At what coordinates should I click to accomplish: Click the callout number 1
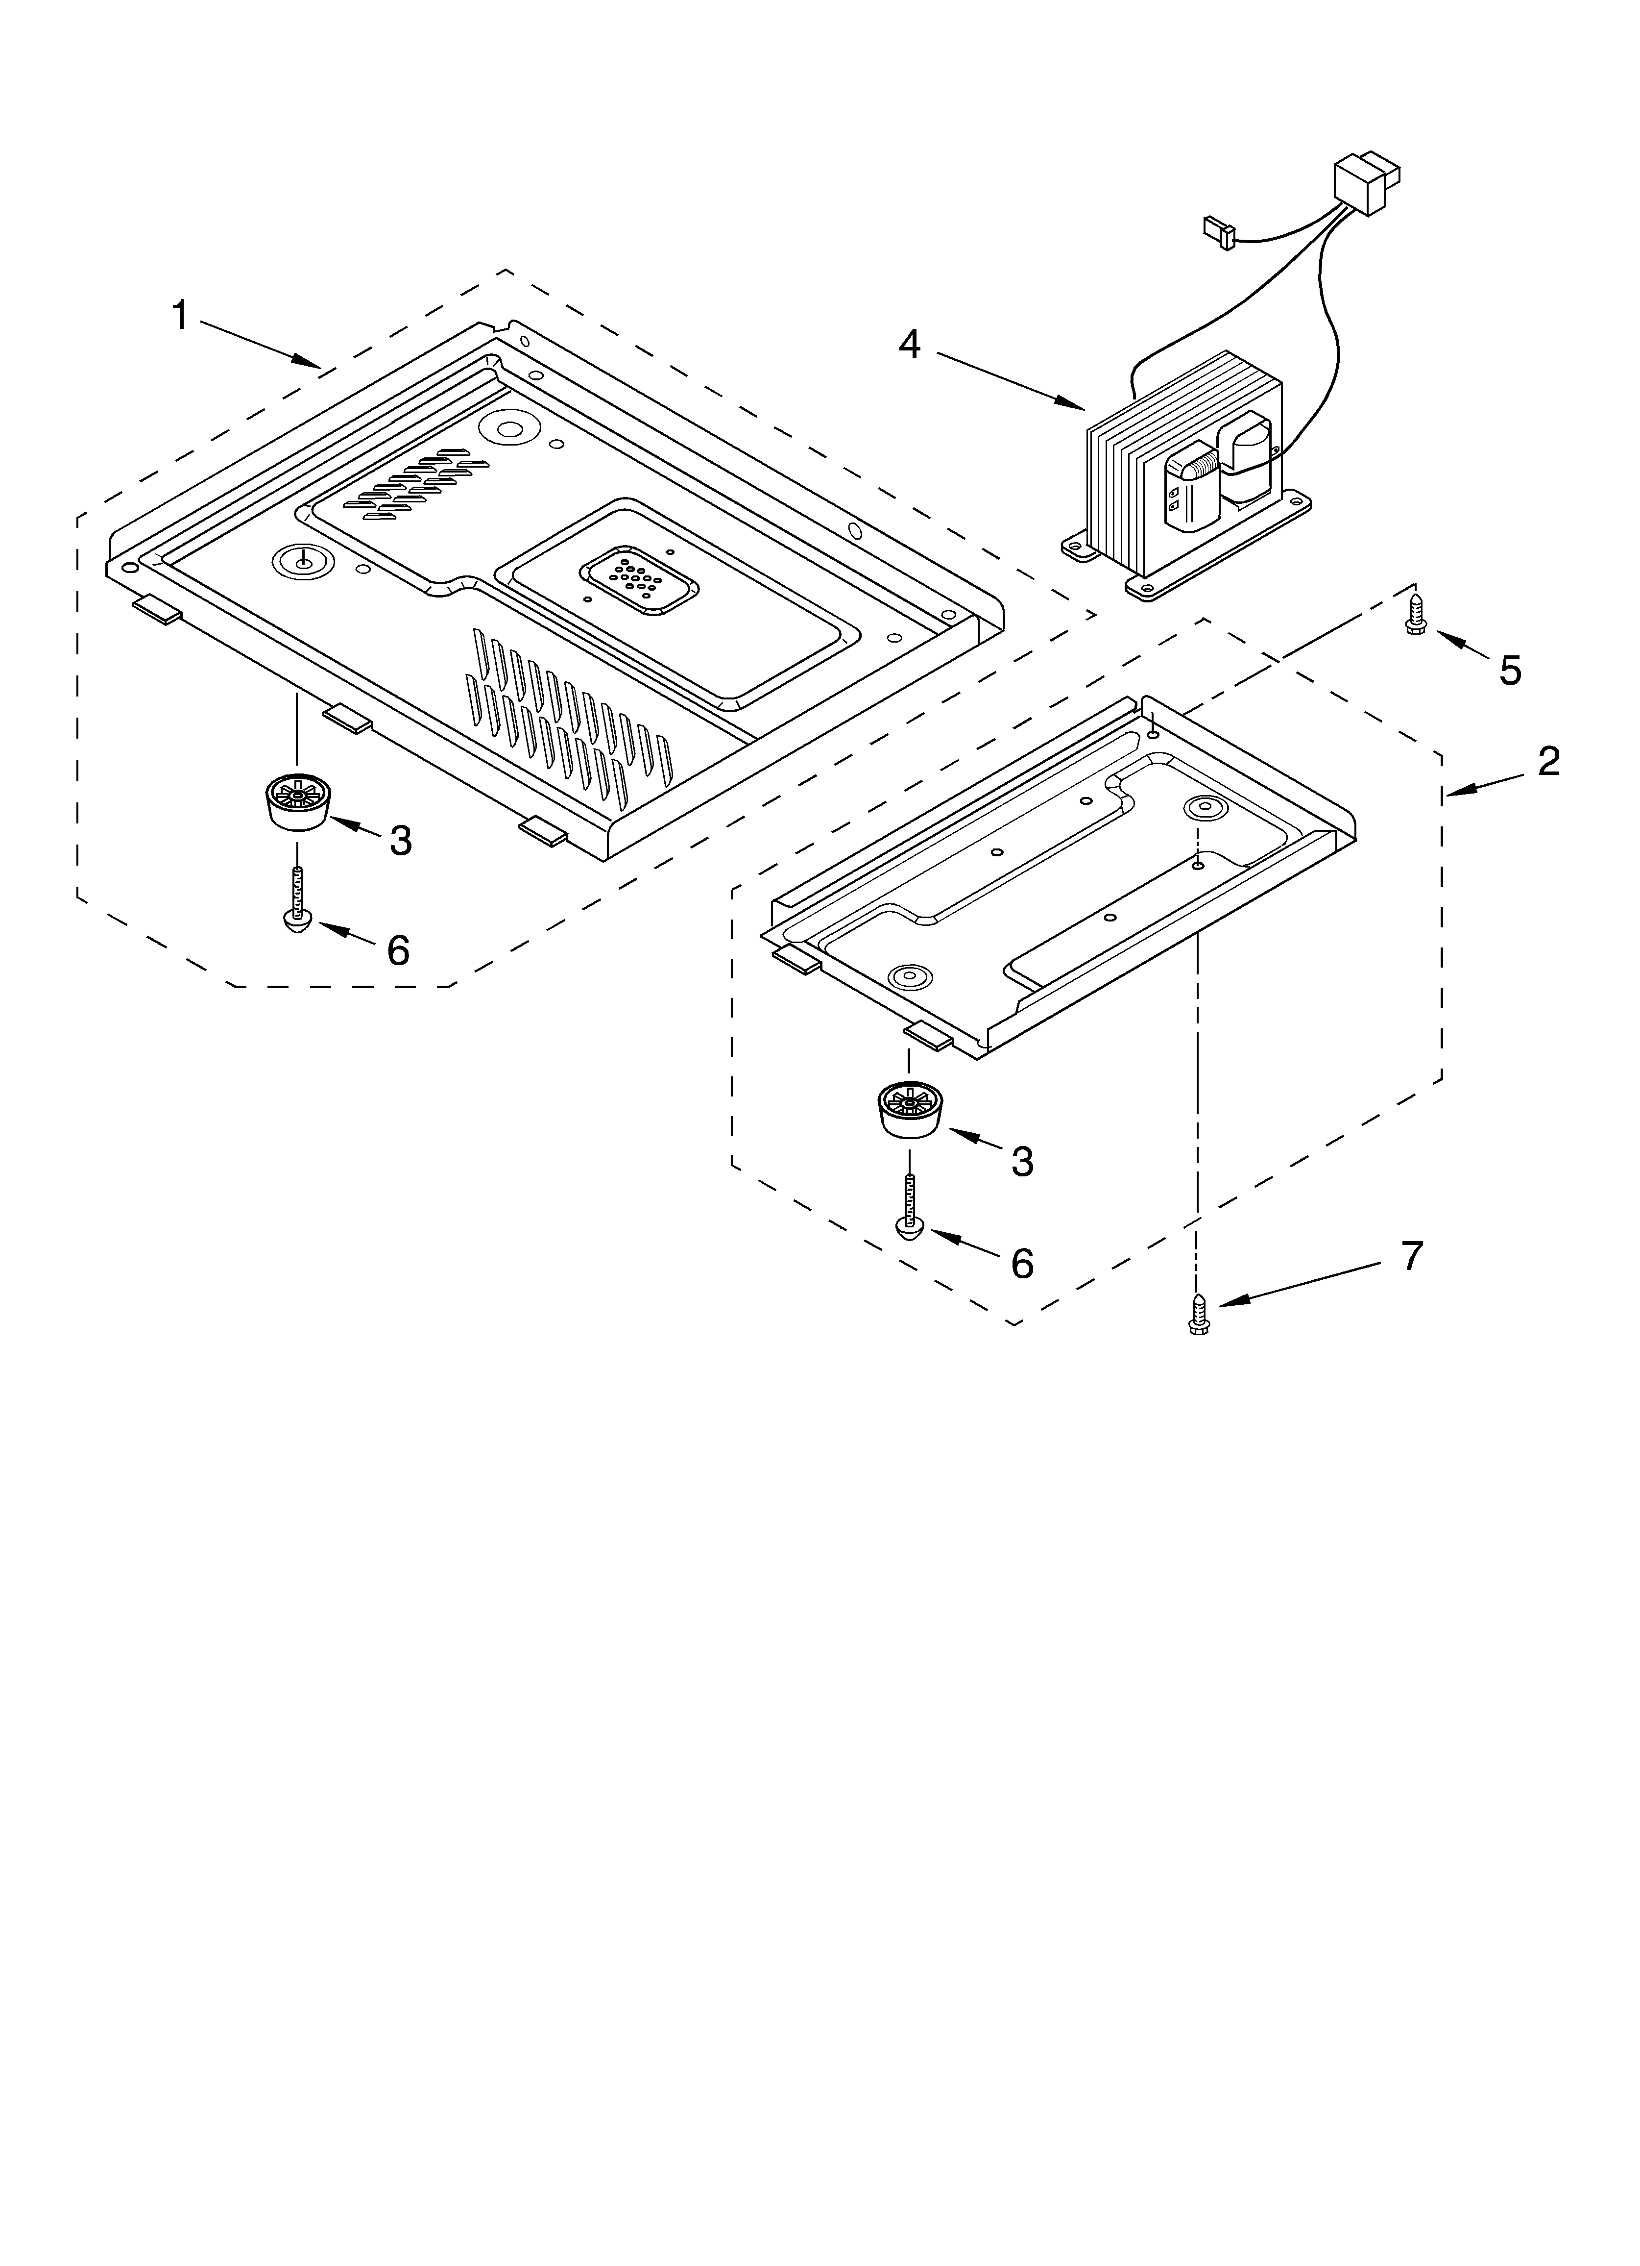pos(180,317)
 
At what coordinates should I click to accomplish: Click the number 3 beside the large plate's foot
pos(401,841)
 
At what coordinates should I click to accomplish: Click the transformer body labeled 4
pos(1179,470)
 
